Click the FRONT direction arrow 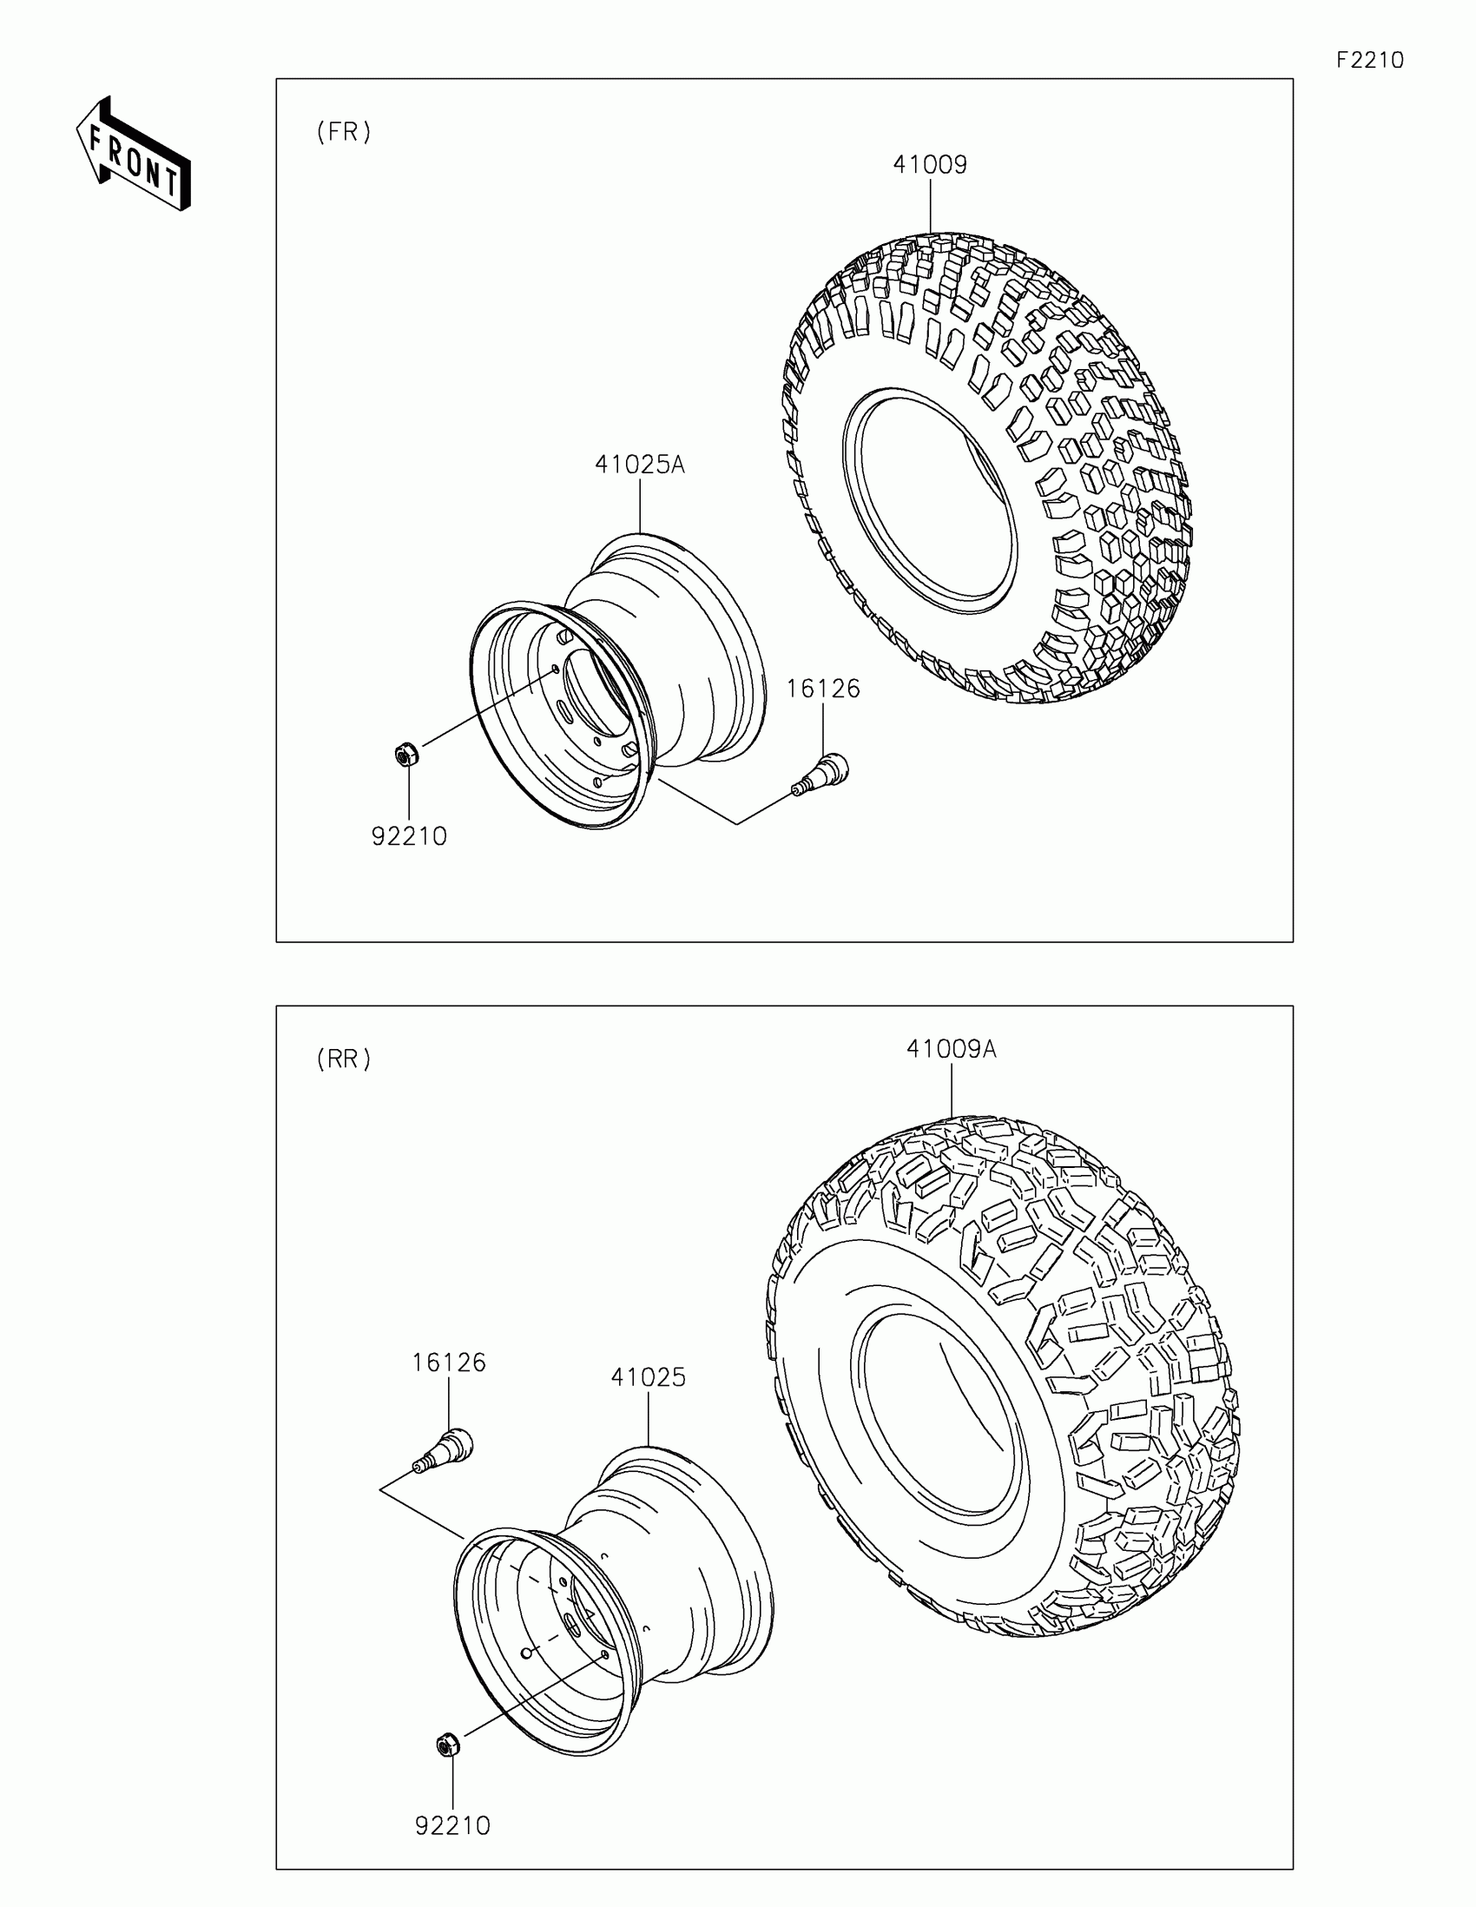pos(134,154)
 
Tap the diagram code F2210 pos(1370,60)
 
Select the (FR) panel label pos(344,132)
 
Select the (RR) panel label pos(344,1059)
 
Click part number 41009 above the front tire pos(930,165)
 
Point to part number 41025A pos(640,465)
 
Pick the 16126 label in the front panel pos(823,689)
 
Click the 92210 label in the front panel pos(409,836)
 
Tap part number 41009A pos(952,1049)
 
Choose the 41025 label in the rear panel pos(649,1377)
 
